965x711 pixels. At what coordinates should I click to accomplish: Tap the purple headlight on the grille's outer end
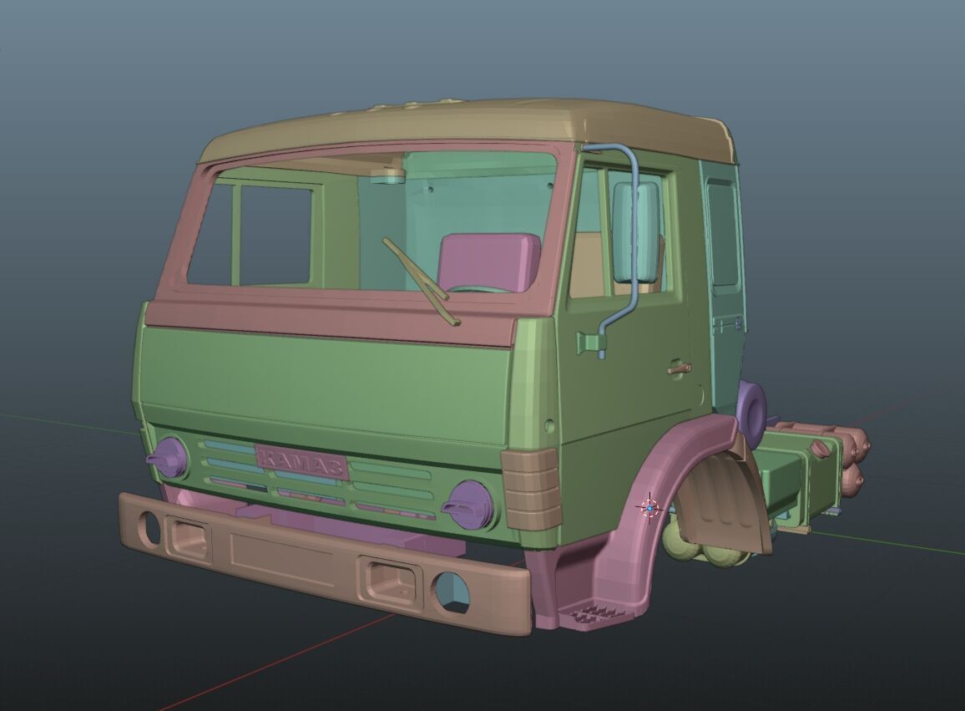click(169, 457)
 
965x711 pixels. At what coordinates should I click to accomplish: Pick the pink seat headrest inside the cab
click(488, 261)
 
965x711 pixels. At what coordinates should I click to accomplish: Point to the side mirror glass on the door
click(636, 231)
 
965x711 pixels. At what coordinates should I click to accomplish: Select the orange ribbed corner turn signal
click(531, 488)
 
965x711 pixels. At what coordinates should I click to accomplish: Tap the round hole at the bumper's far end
click(149, 526)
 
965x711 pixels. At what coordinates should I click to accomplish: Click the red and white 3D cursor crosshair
click(649, 507)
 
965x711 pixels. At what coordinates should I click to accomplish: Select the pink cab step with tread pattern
click(598, 614)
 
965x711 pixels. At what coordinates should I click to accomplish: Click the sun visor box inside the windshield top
click(387, 175)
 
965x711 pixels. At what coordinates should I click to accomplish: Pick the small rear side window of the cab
click(722, 234)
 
